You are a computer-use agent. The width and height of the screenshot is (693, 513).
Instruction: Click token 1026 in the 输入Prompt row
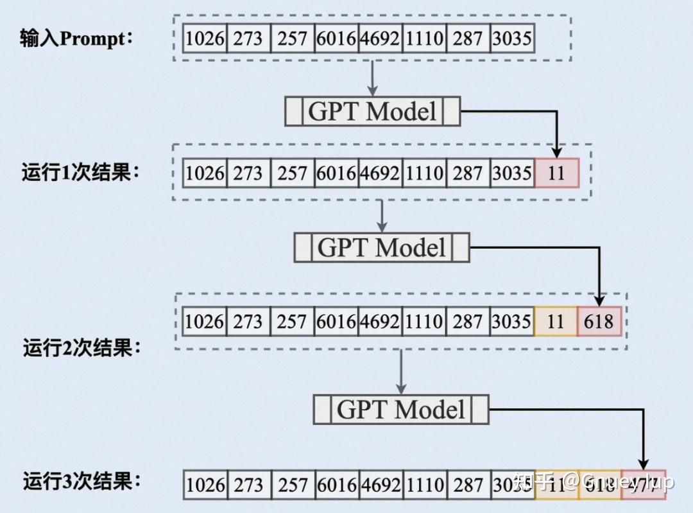(x=205, y=39)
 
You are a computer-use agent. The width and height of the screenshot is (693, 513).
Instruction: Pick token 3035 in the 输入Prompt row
(x=511, y=39)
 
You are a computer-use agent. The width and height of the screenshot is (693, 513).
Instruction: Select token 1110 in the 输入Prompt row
(x=424, y=39)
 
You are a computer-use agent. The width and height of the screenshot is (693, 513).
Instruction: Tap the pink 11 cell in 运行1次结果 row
(x=556, y=173)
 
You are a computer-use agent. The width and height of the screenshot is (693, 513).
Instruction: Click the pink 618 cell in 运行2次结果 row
(x=599, y=321)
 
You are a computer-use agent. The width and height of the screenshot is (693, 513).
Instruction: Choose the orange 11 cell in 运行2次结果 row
(x=555, y=321)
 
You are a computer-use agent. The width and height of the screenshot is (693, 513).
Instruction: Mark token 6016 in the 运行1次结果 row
(x=336, y=173)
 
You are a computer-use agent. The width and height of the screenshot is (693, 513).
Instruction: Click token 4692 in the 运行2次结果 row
(x=380, y=321)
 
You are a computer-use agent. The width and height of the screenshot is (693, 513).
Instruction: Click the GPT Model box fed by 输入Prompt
(x=372, y=112)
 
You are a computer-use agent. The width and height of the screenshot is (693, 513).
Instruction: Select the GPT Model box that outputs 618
(x=382, y=247)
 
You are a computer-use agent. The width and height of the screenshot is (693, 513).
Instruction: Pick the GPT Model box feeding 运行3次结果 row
(x=401, y=409)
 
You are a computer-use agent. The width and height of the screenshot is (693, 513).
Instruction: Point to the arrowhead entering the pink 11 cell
(x=557, y=152)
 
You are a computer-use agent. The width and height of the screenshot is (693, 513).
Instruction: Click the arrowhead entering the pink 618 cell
(x=599, y=300)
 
